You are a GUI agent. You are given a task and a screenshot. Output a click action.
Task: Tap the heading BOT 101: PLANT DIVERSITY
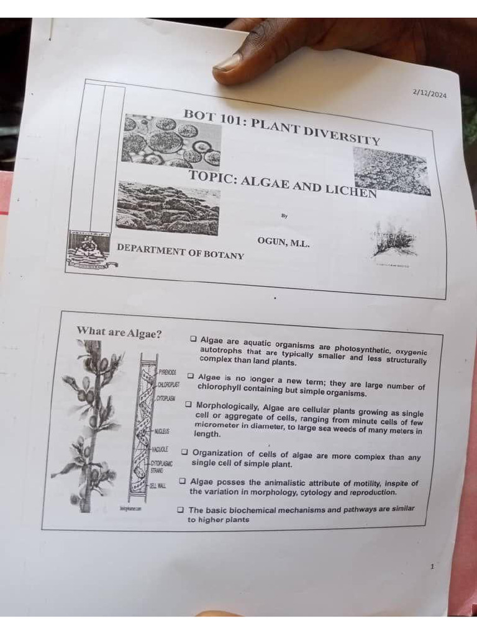pos(281,127)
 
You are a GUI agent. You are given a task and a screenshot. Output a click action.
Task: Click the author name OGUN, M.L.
pos(283,242)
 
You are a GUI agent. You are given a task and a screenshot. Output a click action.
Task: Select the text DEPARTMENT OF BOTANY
pos(180,251)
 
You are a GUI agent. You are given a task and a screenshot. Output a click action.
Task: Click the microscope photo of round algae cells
pos(171,141)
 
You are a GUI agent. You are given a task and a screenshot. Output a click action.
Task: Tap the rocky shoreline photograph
pos(168,208)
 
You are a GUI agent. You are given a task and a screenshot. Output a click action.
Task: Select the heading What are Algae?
pos(119,332)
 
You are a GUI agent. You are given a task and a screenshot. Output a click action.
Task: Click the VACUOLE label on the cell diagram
pos(160,448)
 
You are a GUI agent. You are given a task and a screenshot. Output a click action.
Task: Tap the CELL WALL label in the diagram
pos(157,486)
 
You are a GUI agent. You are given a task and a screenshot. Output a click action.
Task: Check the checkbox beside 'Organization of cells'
pos(184,452)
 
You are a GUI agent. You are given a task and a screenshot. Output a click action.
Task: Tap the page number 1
pos(432,566)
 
